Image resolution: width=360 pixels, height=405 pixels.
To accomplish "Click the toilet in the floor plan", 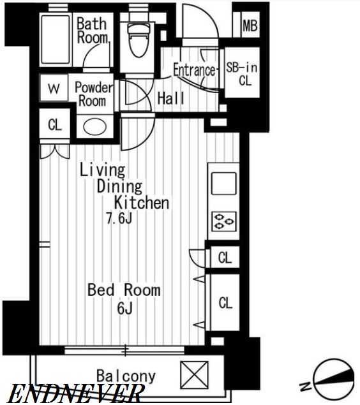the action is [x=139, y=40].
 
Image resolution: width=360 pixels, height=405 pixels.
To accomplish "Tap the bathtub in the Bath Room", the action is [x=56, y=40].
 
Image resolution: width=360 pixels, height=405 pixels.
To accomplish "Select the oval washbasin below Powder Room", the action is [x=95, y=127].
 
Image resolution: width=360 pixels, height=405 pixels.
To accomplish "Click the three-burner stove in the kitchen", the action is [x=224, y=221].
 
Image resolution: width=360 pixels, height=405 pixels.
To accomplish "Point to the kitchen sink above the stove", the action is [x=224, y=184].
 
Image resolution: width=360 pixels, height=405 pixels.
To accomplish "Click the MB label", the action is [x=250, y=26].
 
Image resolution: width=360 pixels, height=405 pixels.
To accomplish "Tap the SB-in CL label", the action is [x=242, y=74].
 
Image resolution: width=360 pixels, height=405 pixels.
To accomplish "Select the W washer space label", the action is [x=54, y=89].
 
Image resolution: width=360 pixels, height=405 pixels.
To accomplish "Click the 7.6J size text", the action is [x=119, y=218].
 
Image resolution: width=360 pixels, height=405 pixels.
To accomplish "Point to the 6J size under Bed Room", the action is [x=125, y=308].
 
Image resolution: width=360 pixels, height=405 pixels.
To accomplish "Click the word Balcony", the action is [x=126, y=376].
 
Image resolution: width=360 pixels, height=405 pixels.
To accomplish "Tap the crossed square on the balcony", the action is [x=194, y=375].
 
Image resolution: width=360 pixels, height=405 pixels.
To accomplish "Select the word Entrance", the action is [x=194, y=70].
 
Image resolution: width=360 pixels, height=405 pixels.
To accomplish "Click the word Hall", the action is [x=171, y=98].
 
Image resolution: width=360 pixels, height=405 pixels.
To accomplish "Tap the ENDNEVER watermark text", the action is [x=75, y=394].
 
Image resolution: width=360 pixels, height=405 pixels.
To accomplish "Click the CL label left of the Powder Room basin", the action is [x=55, y=125].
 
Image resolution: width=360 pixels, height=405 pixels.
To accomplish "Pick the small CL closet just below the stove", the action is [x=225, y=258].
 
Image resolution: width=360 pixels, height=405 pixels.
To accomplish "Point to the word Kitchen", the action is [x=142, y=203].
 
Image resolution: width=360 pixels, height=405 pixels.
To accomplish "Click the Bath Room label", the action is [x=93, y=31].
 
